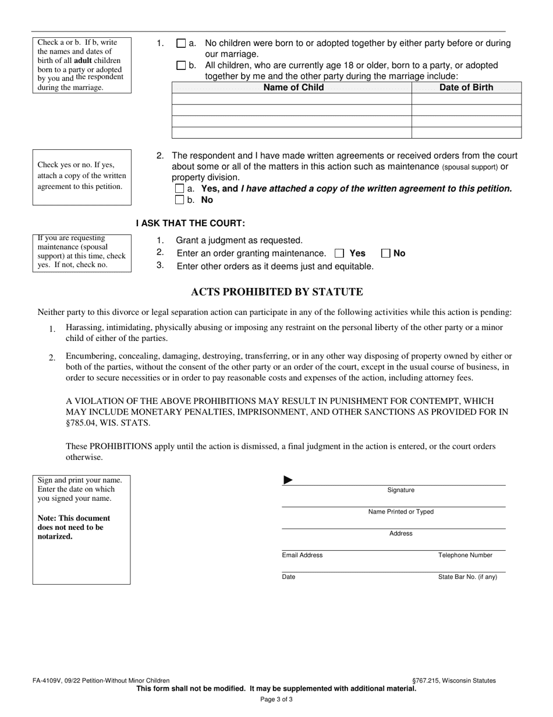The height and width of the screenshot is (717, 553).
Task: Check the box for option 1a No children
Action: pyautogui.click(x=180, y=43)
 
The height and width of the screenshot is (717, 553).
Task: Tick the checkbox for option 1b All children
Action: pyautogui.click(x=180, y=65)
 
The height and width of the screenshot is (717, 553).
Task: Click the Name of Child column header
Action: pyautogui.click(x=293, y=87)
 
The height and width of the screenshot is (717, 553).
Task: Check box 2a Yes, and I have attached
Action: pyautogui.click(x=179, y=189)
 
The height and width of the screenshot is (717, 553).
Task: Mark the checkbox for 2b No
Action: pyautogui.click(x=179, y=200)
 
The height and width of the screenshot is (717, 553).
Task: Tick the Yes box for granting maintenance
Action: pyautogui.click(x=340, y=253)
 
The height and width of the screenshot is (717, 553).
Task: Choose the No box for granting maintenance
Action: pyautogui.click(x=385, y=253)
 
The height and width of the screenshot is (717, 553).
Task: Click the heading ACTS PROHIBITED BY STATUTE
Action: pyautogui.click(x=276, y=292)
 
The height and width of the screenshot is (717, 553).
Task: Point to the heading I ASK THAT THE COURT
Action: pyautogui.click(x=190, y=223)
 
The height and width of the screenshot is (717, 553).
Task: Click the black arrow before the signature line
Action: pyautogui.click(x=288, y=480)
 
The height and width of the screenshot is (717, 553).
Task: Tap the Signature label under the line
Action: pyautogui.click(x=400, y=490)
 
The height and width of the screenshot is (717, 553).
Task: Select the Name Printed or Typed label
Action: pyautogui.click(x=400, y=512)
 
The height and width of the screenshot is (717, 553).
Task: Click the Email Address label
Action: pyautogui.click(x=302, y=555)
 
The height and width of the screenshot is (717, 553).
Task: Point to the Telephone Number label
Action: pyautogui.click(x=465, y=555)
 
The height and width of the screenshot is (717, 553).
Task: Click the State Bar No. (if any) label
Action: pyautogui.click(x=467, y=577)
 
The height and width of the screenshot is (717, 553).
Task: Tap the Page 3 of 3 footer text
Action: pyautogui.click(x=276, y=699)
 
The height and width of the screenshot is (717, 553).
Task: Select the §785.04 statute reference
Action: pyautogui.click(x=81, y=423)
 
